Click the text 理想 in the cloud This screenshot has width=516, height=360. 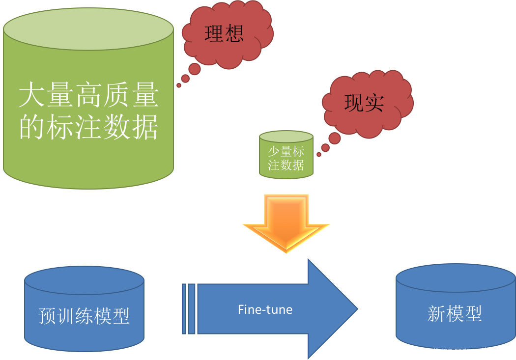click(224, 33)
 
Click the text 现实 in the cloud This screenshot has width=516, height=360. click(364, 103)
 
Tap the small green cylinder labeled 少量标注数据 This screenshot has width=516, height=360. click(286, 158)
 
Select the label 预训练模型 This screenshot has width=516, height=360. click(84, 316)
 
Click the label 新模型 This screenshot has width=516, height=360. click(455, 313)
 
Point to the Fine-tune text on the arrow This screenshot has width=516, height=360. click(265, 309)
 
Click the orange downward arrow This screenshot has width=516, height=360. click(286, 221)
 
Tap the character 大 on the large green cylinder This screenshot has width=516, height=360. click(29, 96)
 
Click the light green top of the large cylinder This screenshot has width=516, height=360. click(88, 28)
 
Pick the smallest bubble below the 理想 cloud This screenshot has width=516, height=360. click(179, 85)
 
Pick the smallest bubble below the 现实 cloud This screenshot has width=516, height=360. click(319, 154)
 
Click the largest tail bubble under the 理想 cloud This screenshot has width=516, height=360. click(194, 69)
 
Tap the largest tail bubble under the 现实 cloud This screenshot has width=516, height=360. click(335, 138)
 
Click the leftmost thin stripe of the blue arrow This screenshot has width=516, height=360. click(184, 309)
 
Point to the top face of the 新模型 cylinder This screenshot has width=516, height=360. click(455, 278)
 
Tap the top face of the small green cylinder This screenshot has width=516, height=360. click(286, 137)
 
